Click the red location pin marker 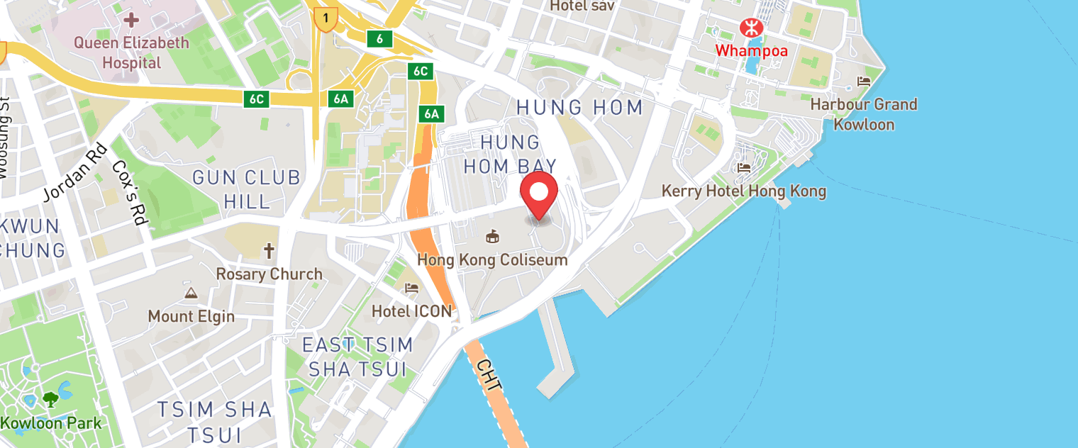pyautogui.click(x=539, y=193)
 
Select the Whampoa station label pyautogui.click(x=751, y=51)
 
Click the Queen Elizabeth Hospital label pyautogui.click(x=132, y=52)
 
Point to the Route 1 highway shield pyautogui.click(x=326, y=20)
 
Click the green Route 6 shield pyautogui.click(x=380, y=39)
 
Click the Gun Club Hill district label pyautogui.click(x=247, y=189)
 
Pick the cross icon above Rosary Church pyautogui.click(x=269, y=251)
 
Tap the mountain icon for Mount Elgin pyautogui.click(x=191, y=293)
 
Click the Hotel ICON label pyautogui.click(x=411, y=311)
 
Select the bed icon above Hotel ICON pyautogui.click(x=411, y=289)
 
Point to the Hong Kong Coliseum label pyautogui.click(x=492, y=259)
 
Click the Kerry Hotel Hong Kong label pyautogui.click(x=743, y=191)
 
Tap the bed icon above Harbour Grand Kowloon pyautogui.click(x=864, y=82)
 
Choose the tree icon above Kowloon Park pyautogui.click(x=50, y=400)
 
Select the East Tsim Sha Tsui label pyautogui.click(x=357, y=357)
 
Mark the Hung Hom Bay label pyautogui.click(x=510, y=154)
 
